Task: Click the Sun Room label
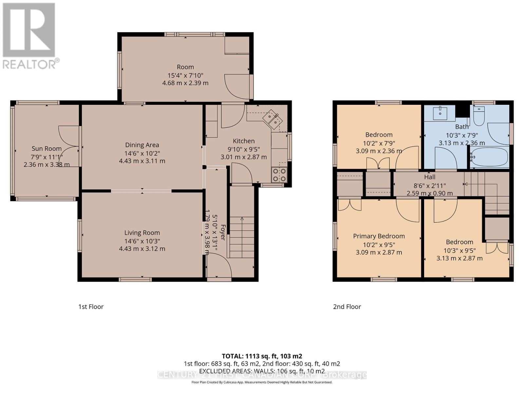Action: (x=47, y=149)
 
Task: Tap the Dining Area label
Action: (x=142, y=145)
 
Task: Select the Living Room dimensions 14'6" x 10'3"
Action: (x=142, y=241)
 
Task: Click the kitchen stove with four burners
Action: (x=279, y=175)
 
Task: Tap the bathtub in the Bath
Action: (x=489, y=158)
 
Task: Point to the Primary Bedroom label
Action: (x=379, y=236)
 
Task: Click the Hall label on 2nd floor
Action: (x=430, y=177)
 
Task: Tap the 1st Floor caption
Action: (x=91, y=307)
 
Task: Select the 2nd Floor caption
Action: (x=347, y=307)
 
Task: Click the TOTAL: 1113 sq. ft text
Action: (x=262, y=356)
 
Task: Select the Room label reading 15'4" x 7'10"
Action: (x=185, y=75)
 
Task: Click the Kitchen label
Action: (x=244, y=141)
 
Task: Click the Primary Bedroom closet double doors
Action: (x=349, y=204)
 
